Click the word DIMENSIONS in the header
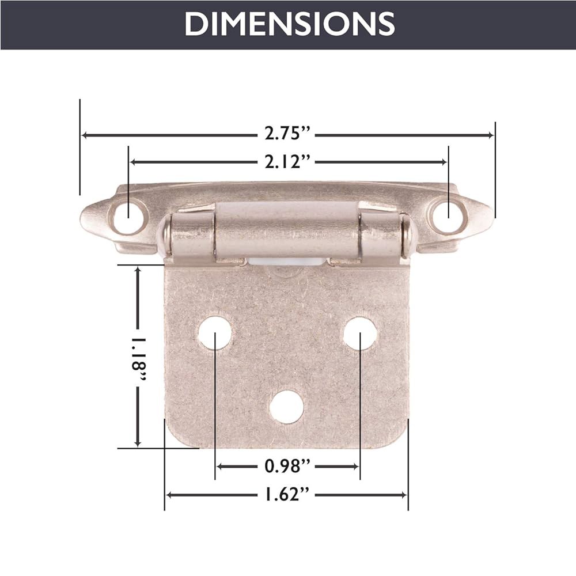click(289, 24)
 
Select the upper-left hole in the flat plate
click(215, 334)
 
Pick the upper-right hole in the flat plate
click(360, 334)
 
